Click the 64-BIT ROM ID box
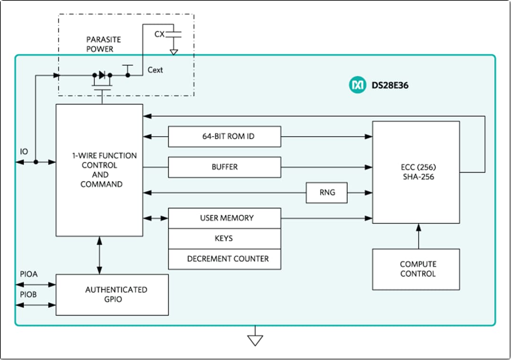pyautogui.click(x=224, y=137)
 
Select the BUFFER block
pyautogui.click(x=224, y=167)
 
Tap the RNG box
pyautogui.click(x=326, y=193)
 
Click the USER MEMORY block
pyautogui.click(x=224, y=218)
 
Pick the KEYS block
pyautogui.click(x=224, y=238)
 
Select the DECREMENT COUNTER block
pyautogui.click(x=224, y=259)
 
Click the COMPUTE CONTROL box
pyautogui.click(x=415, y=269)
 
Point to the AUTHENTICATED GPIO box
pyautogui.click(x=112, y=294)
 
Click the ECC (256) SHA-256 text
pyautogui.click(x=415, y=172)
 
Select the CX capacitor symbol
pyautogui.click(x=174, y=35)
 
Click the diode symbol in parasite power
pyautogui.click(x=101, y=75)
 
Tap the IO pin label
pyautogui.click(x=24, y=152)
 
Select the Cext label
pyautogui.click(x=155, y=70)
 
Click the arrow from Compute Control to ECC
pyautogui.click(x=418, y=236)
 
